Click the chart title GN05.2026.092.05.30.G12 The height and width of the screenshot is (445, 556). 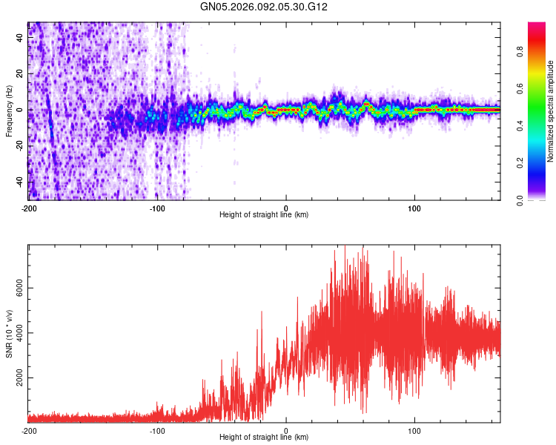pos(264,7)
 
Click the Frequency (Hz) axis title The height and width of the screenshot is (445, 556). pos(9,111)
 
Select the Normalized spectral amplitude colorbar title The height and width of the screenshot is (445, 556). pos(550,111)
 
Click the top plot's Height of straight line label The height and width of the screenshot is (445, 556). pos(264,214)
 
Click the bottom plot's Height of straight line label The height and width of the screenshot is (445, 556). pos(264,437)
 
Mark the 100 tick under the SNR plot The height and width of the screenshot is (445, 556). pos(415,430)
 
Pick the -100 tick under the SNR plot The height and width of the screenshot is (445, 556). pos(157,430)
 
